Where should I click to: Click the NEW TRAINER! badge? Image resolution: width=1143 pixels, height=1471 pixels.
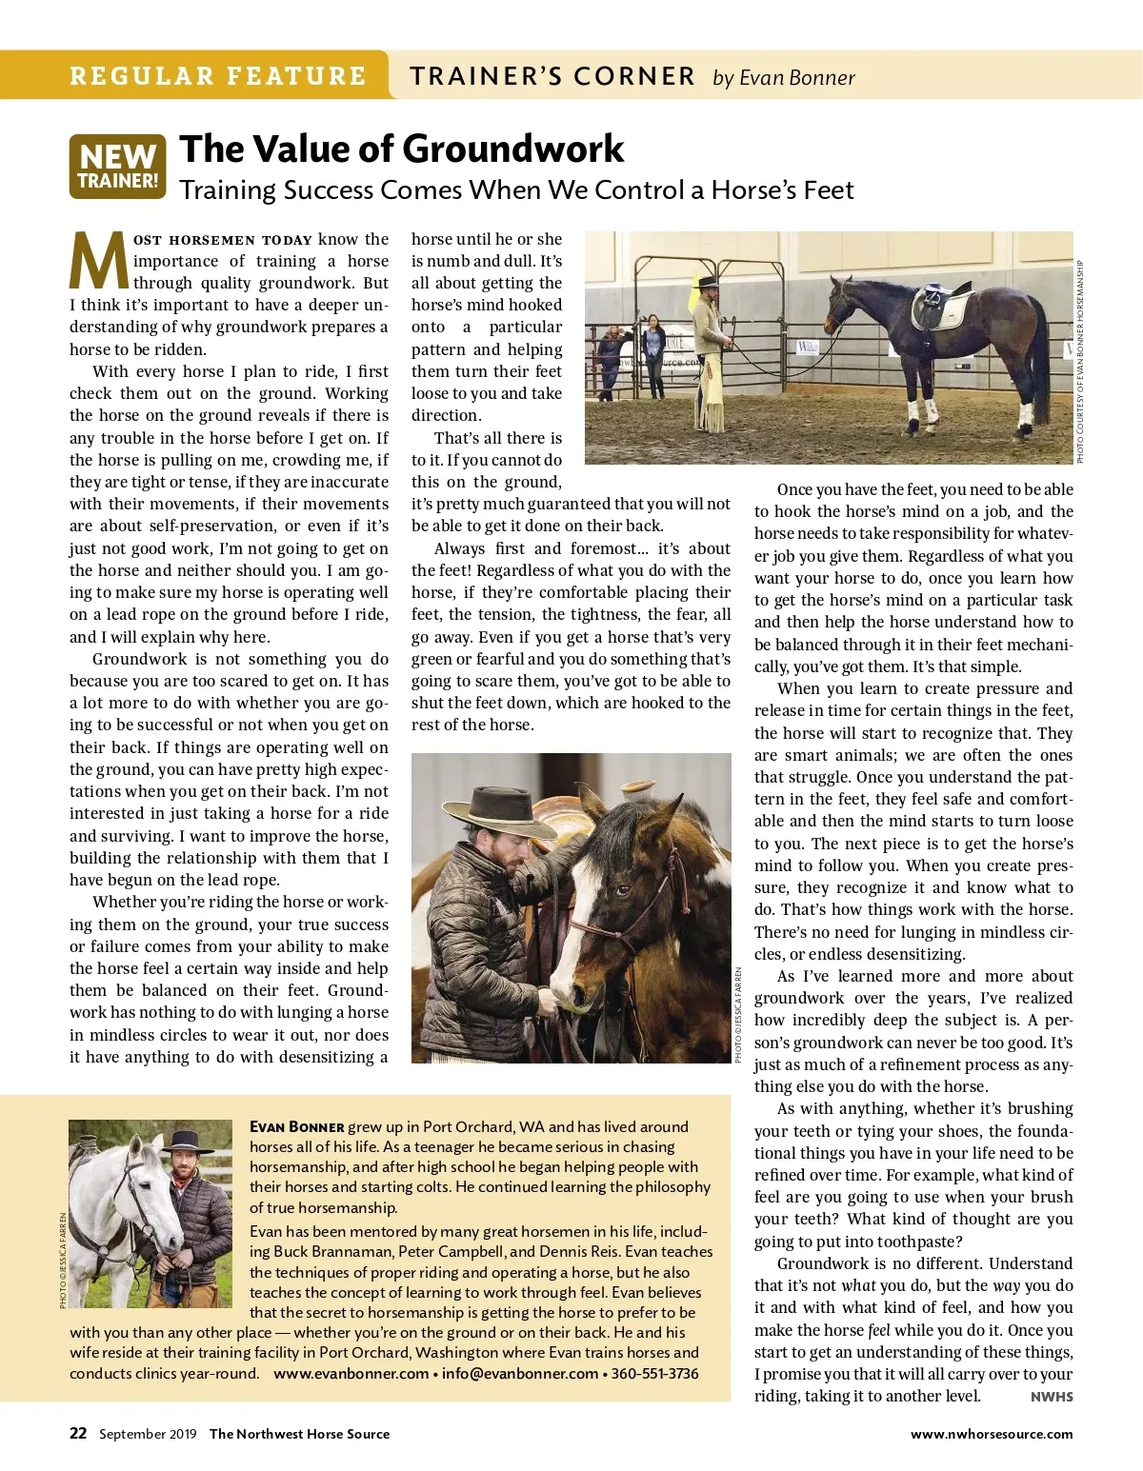pyautogui.click(x=117, y=167)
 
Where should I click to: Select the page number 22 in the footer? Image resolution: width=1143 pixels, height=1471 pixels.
pyautogui.click(x=78, y=1433)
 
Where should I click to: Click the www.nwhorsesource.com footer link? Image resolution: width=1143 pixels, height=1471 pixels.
pyautogui.click(x=991, y=1434)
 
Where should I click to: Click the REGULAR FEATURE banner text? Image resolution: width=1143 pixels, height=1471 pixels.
pyautogui.click(x=217, y=76)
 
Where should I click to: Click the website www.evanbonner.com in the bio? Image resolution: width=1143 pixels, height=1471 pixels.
pyautogui.click(x=351, y=1374)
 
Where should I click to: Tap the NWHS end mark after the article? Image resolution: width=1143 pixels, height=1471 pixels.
pyautogui.click(x=1052, y=1397)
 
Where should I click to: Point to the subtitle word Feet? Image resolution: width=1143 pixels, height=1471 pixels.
pyautogui.click(x=827, y=190)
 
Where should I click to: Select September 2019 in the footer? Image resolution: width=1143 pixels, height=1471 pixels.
pyautogui.click(x=148, y=1434)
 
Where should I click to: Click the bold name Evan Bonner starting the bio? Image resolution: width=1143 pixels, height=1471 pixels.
pyautogui.click(x=296, y=1126)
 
